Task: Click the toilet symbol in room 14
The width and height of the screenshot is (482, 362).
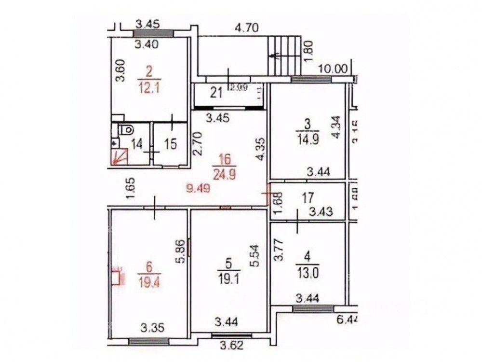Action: point(126,129)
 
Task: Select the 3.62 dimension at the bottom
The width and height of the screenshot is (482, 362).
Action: point(231,346)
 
